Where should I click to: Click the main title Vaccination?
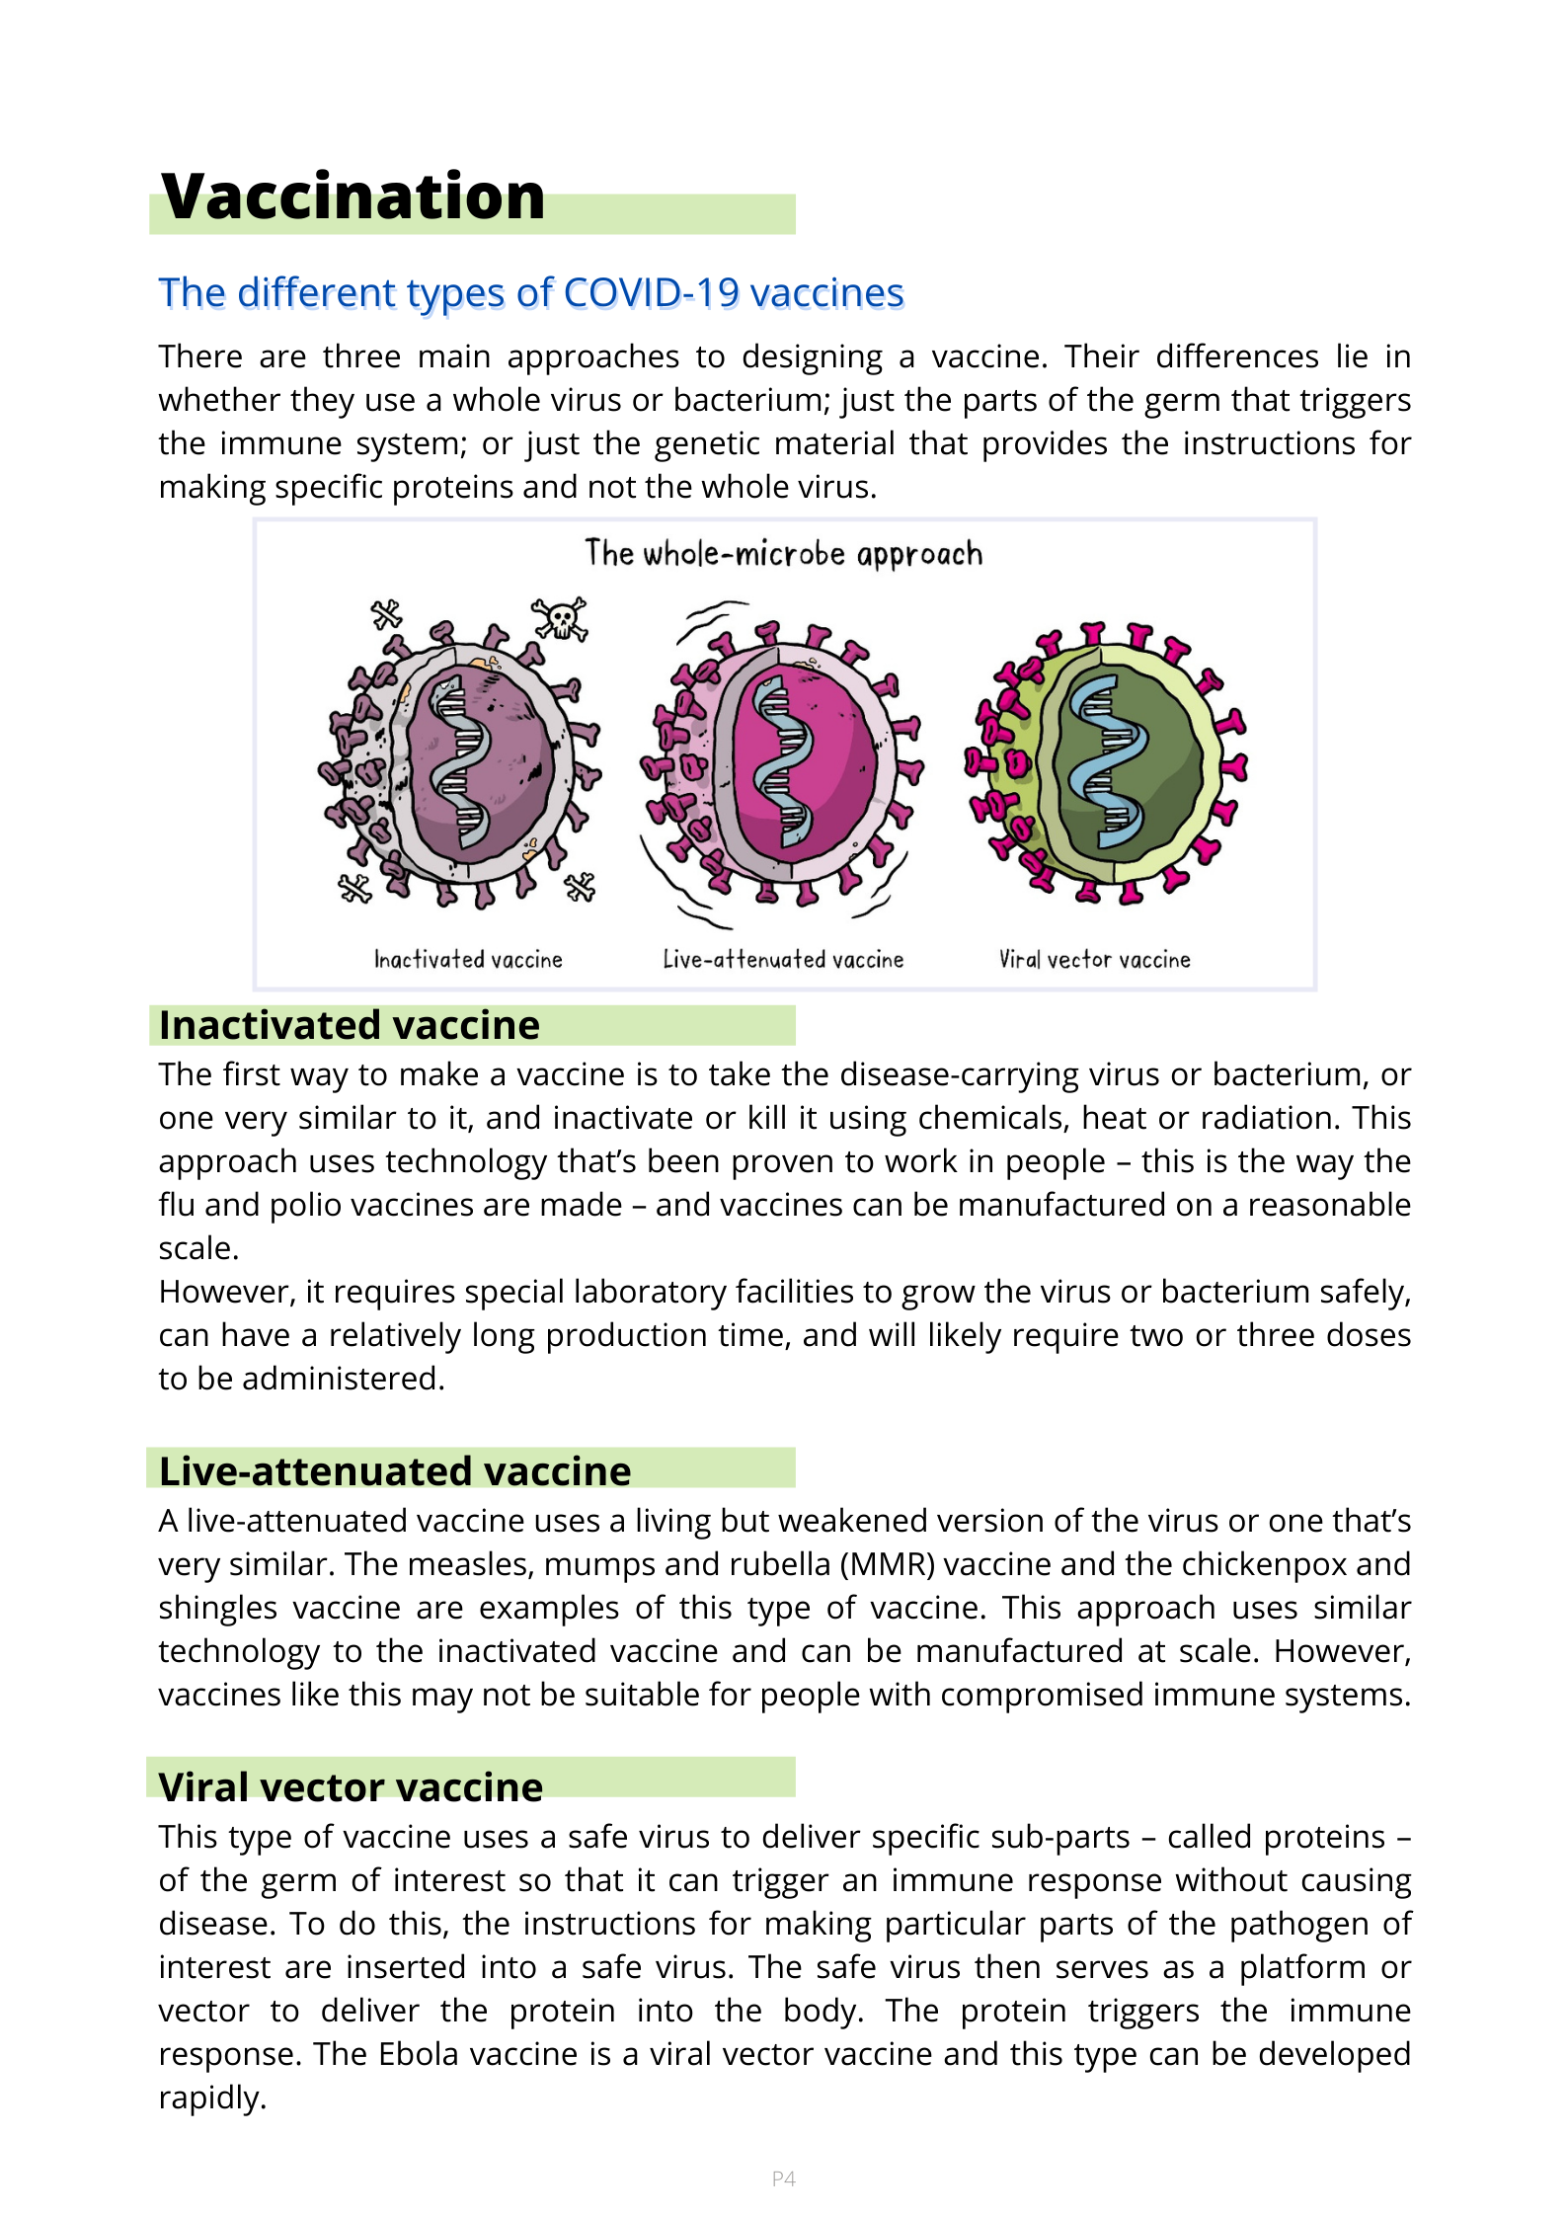pos(353,197)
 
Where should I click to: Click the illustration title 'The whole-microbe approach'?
pos(783,554)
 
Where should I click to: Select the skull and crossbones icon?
pos(560,619)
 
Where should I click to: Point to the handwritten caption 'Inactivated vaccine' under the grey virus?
pos(468,960)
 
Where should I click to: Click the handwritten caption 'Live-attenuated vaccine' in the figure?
pos(783,960)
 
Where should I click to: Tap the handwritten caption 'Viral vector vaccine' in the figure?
pos(1094,960)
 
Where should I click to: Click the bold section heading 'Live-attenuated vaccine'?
pos(395,1471)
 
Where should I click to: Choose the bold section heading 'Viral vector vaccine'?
pos(351,1787)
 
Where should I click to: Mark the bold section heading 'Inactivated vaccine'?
pos(350,1026)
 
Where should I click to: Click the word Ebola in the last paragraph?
pos(418,2054)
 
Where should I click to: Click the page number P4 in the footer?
pos(783,2178)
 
